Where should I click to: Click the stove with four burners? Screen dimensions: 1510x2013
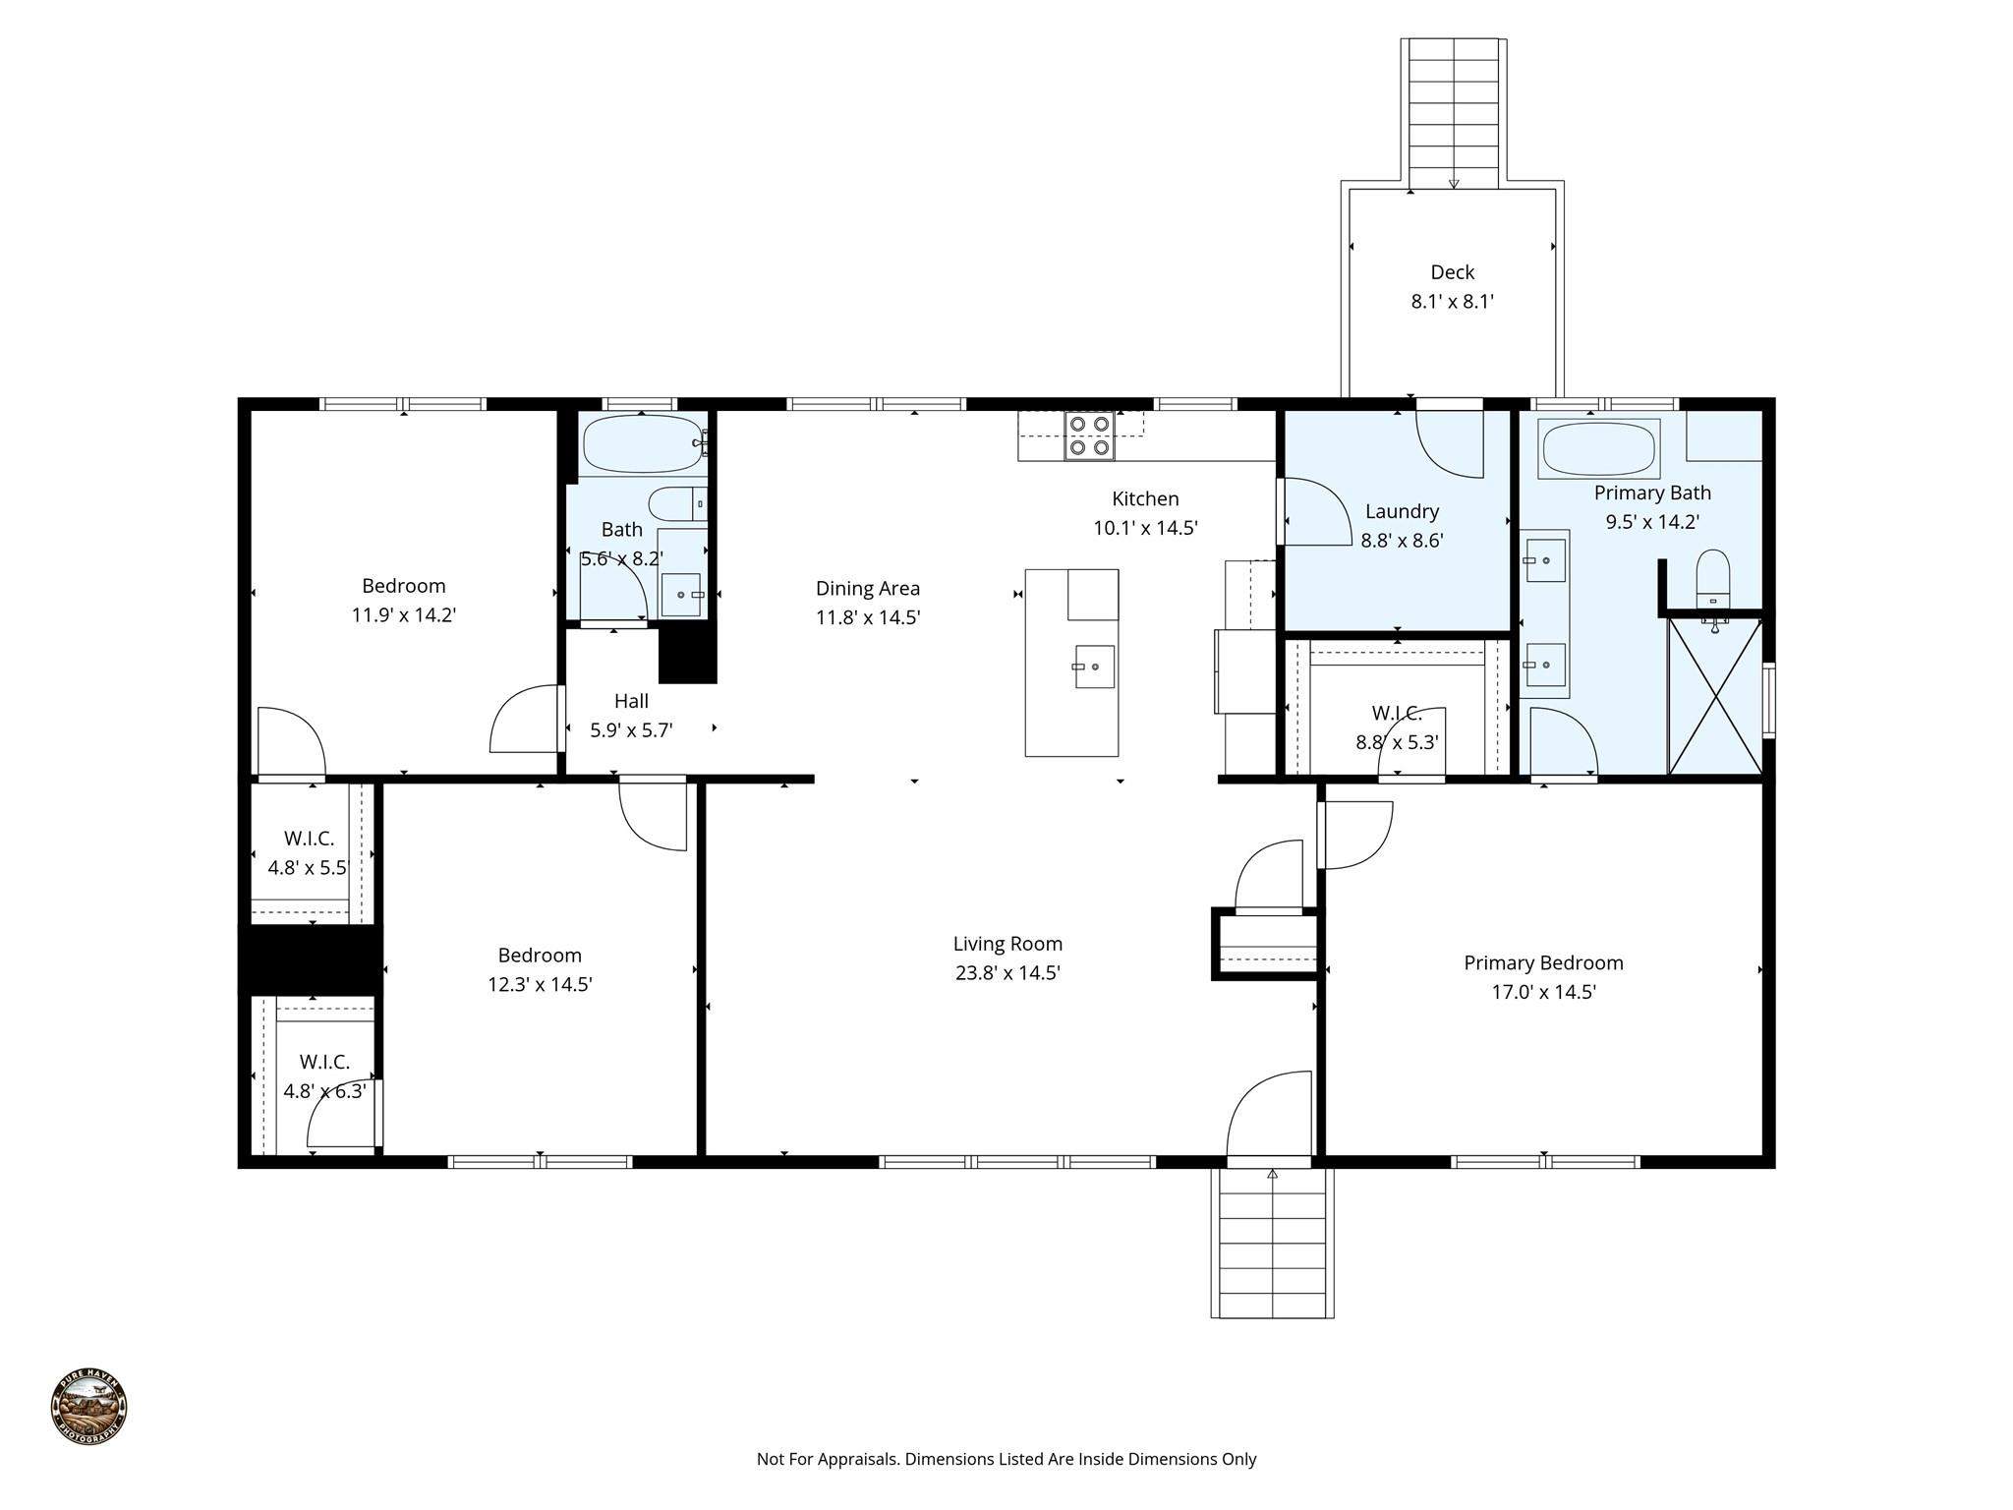click(x=1089, y=436)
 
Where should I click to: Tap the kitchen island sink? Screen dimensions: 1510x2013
click(x=1094, y=667)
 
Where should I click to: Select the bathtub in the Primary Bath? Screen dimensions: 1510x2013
click(x=1599, y=448)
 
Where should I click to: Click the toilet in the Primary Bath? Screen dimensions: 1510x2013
click(x=1712, y=579)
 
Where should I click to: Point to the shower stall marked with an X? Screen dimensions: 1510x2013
click(x=1715, y=695)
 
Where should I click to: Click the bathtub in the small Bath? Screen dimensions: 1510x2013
click(x=641, y=443)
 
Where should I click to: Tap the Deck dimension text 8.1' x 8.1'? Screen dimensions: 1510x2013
click(x=1452, y=302)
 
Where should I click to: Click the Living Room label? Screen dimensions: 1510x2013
click(x=1007, y=944)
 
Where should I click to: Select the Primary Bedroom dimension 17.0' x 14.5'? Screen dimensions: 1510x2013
click(x=1543, y=992)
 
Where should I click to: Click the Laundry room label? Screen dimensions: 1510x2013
click(x=1402, y=511)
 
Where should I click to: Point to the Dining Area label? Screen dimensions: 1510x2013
click(x=868, y=588)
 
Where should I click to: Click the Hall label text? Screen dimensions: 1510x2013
click(x=631, y=701)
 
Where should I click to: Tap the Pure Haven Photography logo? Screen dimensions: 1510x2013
click(x=88, y=1408)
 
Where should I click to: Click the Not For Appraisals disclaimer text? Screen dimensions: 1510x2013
click(x=1006, y=1459)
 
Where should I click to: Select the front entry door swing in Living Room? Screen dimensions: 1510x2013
click(x=1270, y=1116)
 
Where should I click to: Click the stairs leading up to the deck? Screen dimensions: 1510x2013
click(x=1454, y=113)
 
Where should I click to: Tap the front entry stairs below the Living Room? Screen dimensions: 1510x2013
click(x=1272, y=1244)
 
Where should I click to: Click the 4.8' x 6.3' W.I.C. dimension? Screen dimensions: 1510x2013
click(x=324, y=1091)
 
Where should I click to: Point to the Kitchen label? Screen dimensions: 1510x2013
click(x=1145, y=498)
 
